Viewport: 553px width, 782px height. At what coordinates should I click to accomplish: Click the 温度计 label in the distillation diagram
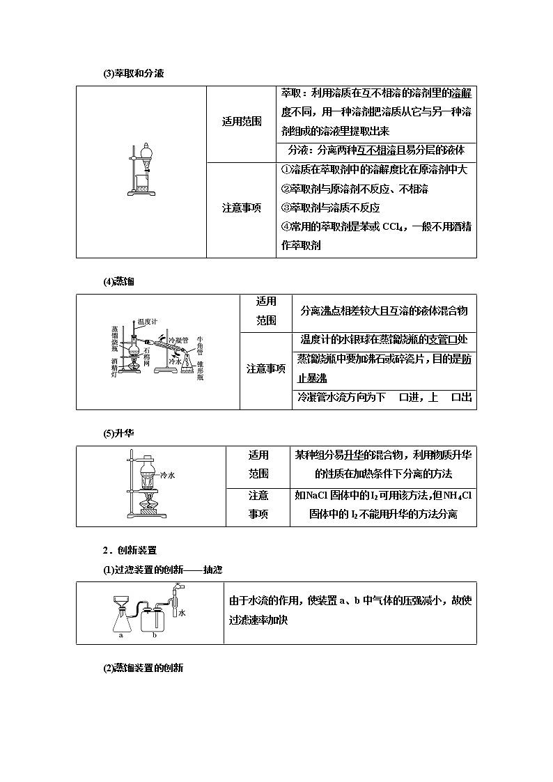[x=147, y=321]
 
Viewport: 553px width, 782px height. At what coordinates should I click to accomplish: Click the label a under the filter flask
[x=121, y=635]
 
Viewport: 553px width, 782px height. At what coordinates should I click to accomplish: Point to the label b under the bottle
[x=155, y=635]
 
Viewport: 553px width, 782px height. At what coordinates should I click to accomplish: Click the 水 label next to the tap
[x=182, y=613]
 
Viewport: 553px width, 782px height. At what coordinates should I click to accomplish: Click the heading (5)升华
[x=118, y=433]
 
